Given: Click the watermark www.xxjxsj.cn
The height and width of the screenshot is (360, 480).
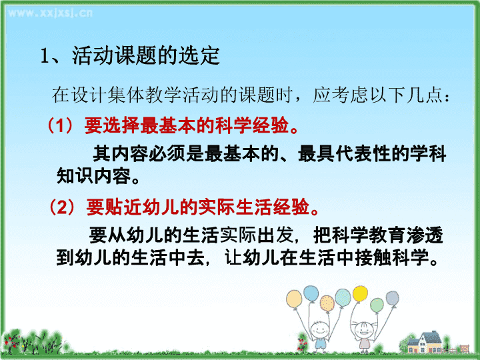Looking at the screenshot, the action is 50,13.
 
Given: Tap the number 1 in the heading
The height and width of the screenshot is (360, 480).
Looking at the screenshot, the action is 45,56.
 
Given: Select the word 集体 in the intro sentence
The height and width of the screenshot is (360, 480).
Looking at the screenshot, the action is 126,95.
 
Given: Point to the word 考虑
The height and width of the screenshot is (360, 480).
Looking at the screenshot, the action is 349,95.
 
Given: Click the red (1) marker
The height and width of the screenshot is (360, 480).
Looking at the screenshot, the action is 60,125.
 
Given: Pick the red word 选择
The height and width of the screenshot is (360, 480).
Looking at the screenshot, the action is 121,125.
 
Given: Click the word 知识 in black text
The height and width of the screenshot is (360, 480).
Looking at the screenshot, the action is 75,176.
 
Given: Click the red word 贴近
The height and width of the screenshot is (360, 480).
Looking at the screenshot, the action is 123,207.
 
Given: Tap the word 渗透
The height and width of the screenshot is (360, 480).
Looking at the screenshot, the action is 425,235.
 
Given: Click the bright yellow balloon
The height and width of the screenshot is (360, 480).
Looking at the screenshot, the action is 360,293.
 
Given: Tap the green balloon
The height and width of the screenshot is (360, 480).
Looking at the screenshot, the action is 377,305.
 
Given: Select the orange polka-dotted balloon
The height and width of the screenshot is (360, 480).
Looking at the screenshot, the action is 327,303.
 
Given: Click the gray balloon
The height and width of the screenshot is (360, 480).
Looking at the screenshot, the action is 392,298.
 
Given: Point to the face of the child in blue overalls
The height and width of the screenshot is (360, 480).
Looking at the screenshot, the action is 320,330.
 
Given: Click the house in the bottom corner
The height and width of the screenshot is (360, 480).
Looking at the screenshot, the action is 426,343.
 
